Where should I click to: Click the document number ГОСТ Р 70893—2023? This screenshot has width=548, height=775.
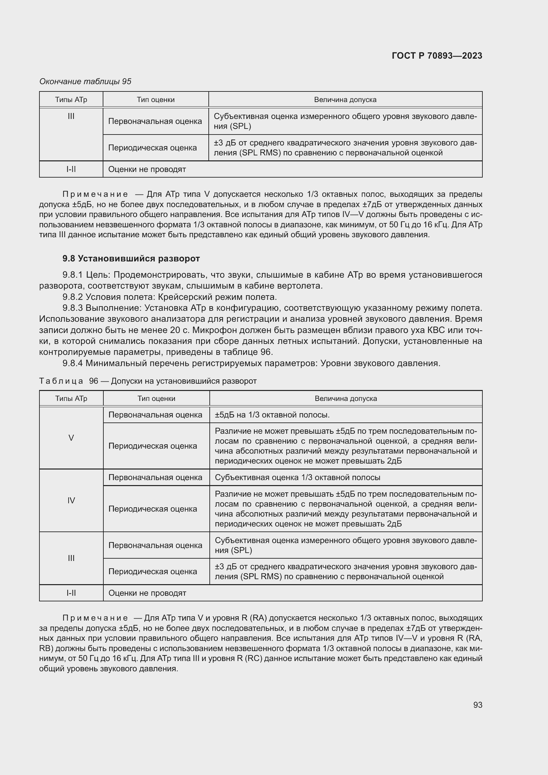click(437, 56)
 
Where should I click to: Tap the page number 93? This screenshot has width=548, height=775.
click(477, 705)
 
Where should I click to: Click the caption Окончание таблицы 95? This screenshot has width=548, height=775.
click(85, 82)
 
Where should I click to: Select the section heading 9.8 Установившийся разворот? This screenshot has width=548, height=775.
click(131, 258)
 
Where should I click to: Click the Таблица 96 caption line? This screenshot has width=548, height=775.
click(148, 381)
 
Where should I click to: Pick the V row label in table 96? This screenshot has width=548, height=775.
click(71, 438)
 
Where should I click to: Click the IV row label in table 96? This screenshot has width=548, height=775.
click(71, 500)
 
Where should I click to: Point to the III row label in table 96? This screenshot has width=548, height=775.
click(71, 558)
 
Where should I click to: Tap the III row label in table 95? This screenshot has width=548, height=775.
click(71, 116)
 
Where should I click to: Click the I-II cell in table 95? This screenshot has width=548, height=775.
click(71, 169)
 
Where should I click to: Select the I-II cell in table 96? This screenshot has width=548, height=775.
click(71, 593)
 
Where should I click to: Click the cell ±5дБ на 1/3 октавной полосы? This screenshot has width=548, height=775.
click(272, 415)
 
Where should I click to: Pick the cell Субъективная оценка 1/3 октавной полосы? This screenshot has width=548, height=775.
click(297, 477)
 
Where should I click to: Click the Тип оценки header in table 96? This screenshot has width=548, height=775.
click(156, 398)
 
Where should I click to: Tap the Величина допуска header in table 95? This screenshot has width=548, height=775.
click(345, 100)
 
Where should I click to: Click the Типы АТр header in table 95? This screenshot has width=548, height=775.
click(71, 100)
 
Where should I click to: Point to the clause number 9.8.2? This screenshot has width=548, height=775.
click(73, 297)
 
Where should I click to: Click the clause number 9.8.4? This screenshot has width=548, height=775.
click(73, 363)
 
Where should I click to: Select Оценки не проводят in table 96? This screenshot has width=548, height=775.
click(147, 593)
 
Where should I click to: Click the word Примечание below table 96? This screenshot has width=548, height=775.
click(95, 618)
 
